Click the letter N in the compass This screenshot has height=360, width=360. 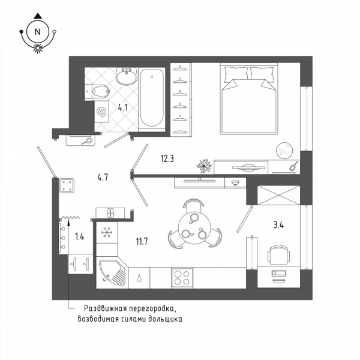pyautogui.click(x=37, y=32)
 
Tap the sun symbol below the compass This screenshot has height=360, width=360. pyautogui.click(x=38, y=48)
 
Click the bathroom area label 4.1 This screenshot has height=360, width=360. pyautogui.click(x=123, y=107)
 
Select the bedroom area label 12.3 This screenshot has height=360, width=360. pyautogui.click(x=167, y=158)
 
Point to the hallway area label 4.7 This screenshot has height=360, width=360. pyautogui.click(x=103, y=178)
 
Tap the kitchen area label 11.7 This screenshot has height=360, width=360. pyautogui.click(x=142, y=241)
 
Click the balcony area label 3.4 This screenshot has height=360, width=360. pyautogui.click(x=278, y=225)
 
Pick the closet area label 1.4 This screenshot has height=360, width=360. pyautogui.click(x=80, y=236)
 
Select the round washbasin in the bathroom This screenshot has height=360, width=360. pyautogui.click(x=127, y=76)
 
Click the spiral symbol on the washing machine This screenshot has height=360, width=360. pyautogui.click(x=102, y=112)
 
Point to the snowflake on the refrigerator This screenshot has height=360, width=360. pyautogui.click(x=107, y=232)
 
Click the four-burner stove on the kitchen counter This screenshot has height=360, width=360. pyautogui.click(x=182, y=278)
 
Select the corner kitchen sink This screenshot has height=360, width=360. pyautogui.click(x=113, y=273)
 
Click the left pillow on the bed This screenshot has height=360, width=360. pyautogui.click(x=236, y=74)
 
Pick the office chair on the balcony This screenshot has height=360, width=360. pyautogui.click(x=278, y=255)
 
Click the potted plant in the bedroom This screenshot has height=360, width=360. pyautogui.click(x=204, y=166)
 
